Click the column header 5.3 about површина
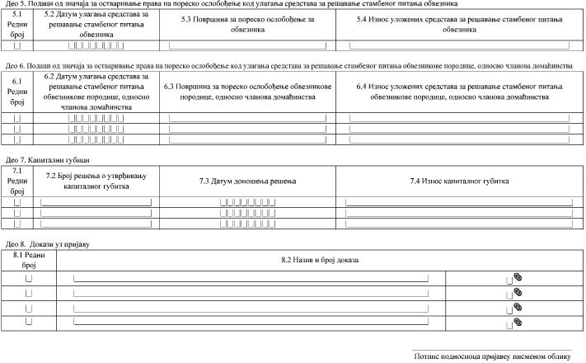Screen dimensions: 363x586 254,23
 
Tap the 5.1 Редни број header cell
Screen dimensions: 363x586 17,23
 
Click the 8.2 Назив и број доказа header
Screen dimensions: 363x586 321,261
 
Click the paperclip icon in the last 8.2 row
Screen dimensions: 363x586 518,320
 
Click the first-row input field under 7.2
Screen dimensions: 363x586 96,200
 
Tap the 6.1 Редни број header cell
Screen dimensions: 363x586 17,92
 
